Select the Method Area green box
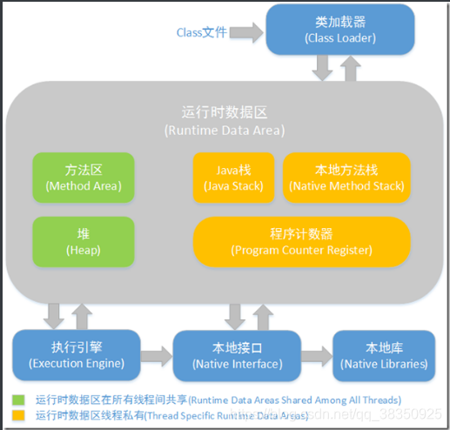coord(83,178)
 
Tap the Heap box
coord(83,241)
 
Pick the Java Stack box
coord(233,178)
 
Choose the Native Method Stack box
coord(346,178)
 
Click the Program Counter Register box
coord(301,241)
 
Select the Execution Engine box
coord(76,354)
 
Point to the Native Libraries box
coord(384,354)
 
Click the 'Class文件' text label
coord(201,33)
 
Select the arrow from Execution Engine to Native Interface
coord(156,355)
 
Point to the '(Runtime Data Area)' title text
coord(224,131)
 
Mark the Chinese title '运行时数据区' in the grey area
coord(224,113)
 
